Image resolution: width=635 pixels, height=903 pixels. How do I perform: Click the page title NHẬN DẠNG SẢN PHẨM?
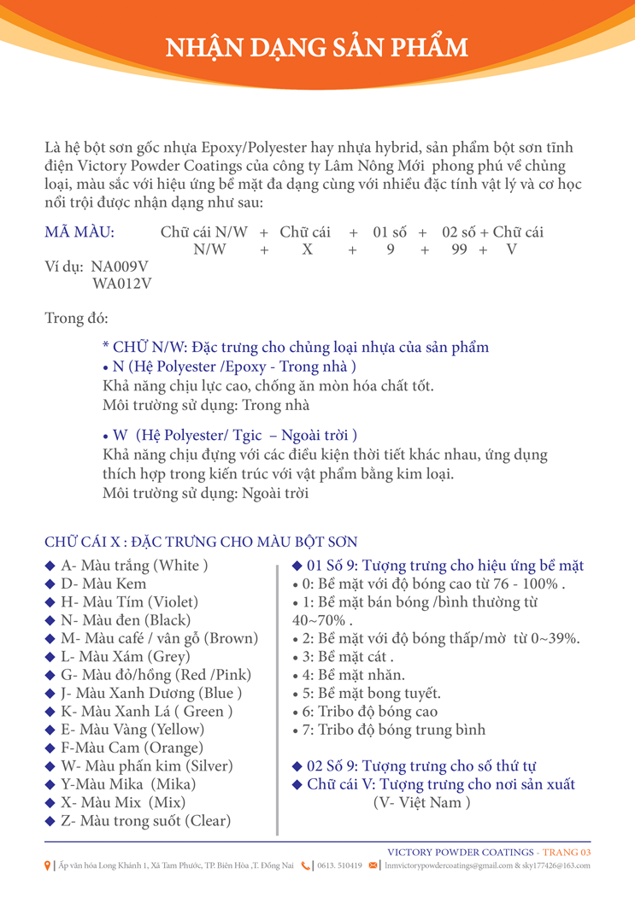pos(317,46)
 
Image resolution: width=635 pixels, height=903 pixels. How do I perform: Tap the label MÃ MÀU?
pos(79,232)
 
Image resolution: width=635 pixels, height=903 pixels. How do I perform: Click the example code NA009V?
pos(120,266)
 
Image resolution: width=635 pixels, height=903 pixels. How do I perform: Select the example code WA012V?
pos(121,283)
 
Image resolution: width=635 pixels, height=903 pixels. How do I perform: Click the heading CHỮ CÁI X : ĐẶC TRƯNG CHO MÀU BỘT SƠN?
pos(201,542)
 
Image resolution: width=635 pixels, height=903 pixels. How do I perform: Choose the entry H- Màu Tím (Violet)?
pos(129,601)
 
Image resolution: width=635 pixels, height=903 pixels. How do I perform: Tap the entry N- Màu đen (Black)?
pos(126,620)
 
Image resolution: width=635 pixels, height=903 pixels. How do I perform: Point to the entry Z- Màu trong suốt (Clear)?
pos(145,821)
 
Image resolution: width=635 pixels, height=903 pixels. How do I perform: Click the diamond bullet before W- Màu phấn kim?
pos(50,766)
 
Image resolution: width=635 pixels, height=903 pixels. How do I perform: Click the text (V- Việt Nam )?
pos(421,803)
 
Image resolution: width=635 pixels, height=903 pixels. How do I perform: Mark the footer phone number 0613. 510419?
pos(339,865)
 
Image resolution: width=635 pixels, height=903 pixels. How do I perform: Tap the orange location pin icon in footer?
pos(48,865)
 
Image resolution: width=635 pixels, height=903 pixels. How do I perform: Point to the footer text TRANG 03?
pos(567,852)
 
